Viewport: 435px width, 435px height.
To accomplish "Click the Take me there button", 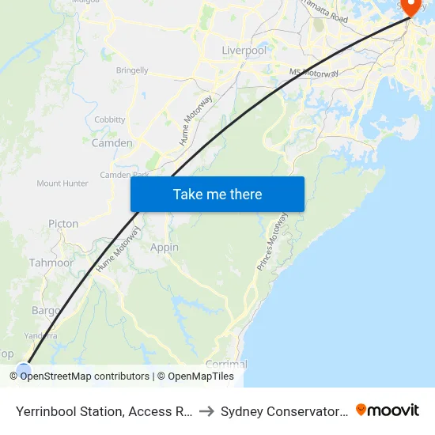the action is [x=217, y=194].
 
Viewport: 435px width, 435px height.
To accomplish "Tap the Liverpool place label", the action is [x=244, y=51].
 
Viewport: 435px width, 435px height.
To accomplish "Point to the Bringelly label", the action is [x=132, y=70].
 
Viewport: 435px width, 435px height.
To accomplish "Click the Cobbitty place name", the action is [x=110, y=119].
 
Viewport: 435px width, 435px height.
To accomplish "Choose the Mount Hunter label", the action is [x=62, y=183].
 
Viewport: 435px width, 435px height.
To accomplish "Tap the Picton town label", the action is [x=63, y=224].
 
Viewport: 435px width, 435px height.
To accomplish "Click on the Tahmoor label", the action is [x=51, y=263].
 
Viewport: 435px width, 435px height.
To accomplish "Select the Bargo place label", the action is [x=45, y=311].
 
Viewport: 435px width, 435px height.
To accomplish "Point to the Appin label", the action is [x=165, y=248].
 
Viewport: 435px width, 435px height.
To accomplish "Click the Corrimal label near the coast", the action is [x=226, y=365].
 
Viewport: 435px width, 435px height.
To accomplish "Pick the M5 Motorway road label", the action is [x=314, y=74].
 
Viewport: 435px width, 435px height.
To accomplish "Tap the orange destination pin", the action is [x=411, y=7].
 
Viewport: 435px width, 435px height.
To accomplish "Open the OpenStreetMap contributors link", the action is [x=85, y=376].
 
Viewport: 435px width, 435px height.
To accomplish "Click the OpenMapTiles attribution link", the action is [x=201, y=376].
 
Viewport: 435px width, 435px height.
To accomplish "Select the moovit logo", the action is [x=388, y=410].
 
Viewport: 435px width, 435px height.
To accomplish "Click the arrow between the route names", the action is [x=204, y=410].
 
